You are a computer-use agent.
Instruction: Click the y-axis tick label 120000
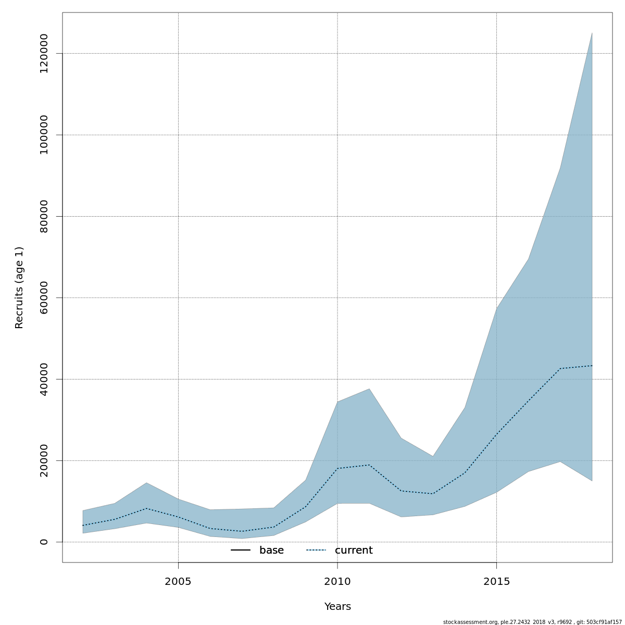click(44, 54)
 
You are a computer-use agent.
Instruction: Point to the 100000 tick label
click(44, 135)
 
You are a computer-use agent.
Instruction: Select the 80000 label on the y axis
click(44, 216)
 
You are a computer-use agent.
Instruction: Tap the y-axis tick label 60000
click(44, 297)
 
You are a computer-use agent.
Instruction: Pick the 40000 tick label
click(44, 379)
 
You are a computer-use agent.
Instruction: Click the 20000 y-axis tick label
click(44, 460)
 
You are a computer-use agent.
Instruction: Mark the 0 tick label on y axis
click(44, 542)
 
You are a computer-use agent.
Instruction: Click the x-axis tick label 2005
click(178, 582)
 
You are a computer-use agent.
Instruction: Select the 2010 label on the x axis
click(337, 582)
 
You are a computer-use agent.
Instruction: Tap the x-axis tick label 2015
click(496, 582)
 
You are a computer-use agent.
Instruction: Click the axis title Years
click(337, 607)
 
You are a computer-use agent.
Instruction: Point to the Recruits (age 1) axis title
click(19, 287)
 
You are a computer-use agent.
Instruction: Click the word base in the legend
click(271, 551)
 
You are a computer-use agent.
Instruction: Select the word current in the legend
click(354, 551)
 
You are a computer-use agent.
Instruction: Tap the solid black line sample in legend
click(241, 551)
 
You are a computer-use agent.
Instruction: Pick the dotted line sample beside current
click(316, 551)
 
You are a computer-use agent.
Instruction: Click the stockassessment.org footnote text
click(532, 622)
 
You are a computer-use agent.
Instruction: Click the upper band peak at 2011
click(369, 389)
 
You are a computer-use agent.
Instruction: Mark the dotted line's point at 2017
click(560, 368)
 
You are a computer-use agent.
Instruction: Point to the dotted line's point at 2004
click(146, 508)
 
